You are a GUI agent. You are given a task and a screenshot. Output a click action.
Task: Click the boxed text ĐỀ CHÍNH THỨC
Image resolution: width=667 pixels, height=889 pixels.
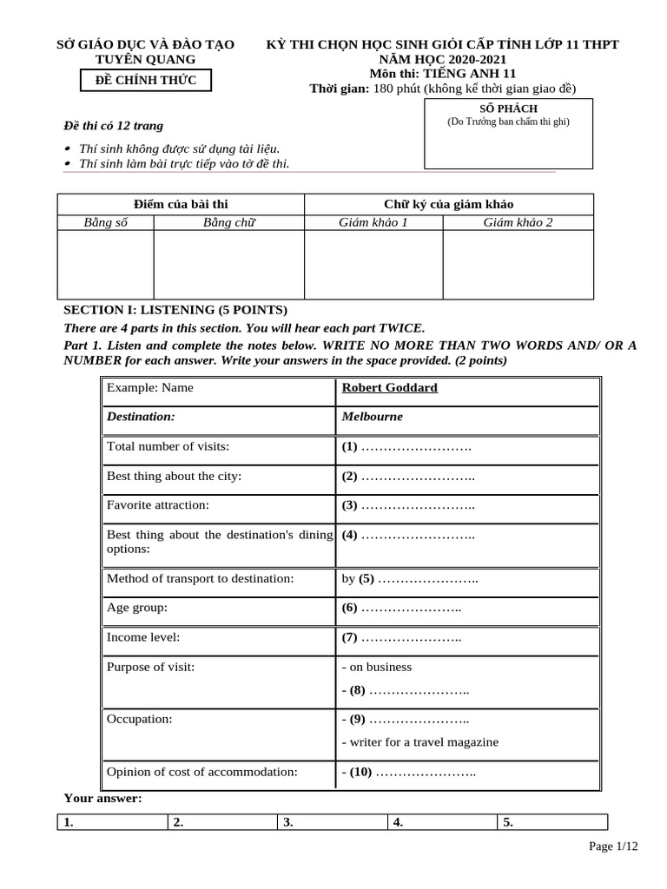pyautogui.click(x=145, y=81)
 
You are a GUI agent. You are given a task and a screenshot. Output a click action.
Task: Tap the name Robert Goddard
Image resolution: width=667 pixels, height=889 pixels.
pyautogui.click(x=390, y=388)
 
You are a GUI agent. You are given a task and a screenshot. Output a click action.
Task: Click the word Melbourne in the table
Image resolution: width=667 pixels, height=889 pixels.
pyautogui.click(x=373, y=417)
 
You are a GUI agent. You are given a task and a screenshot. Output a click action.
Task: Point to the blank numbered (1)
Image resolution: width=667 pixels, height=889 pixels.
pyautogui.click(x=406, y=447)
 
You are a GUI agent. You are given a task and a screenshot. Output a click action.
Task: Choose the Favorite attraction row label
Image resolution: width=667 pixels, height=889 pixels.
pyautogui.click(x=158, y=504)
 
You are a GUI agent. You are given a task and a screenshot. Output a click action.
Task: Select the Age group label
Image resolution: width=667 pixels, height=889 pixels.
pyautogui.click(x=136, y=608)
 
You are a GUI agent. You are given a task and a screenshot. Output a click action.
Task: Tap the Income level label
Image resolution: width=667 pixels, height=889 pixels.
pyautogui.click(x=143, y=637)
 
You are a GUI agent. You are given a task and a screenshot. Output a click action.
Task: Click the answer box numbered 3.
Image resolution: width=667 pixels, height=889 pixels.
pyautogui.click(x=331, y=822)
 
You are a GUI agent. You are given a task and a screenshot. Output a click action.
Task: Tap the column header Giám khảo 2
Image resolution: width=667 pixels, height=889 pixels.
pyautogui.click(x=518, y=222)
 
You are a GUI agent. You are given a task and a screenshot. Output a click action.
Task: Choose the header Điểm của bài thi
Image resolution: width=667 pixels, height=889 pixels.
pyautogui.click(x=180, y=204)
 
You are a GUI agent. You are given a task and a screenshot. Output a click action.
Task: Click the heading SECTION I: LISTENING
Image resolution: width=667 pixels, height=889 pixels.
pyautogui.click(x=175, y=310)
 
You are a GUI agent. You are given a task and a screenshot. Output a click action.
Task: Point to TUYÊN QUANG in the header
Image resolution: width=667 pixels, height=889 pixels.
pyautogui.click(x=145, y=59)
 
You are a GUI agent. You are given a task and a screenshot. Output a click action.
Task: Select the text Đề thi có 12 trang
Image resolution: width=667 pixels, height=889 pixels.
pyautogui.click(x=114, y=126)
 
